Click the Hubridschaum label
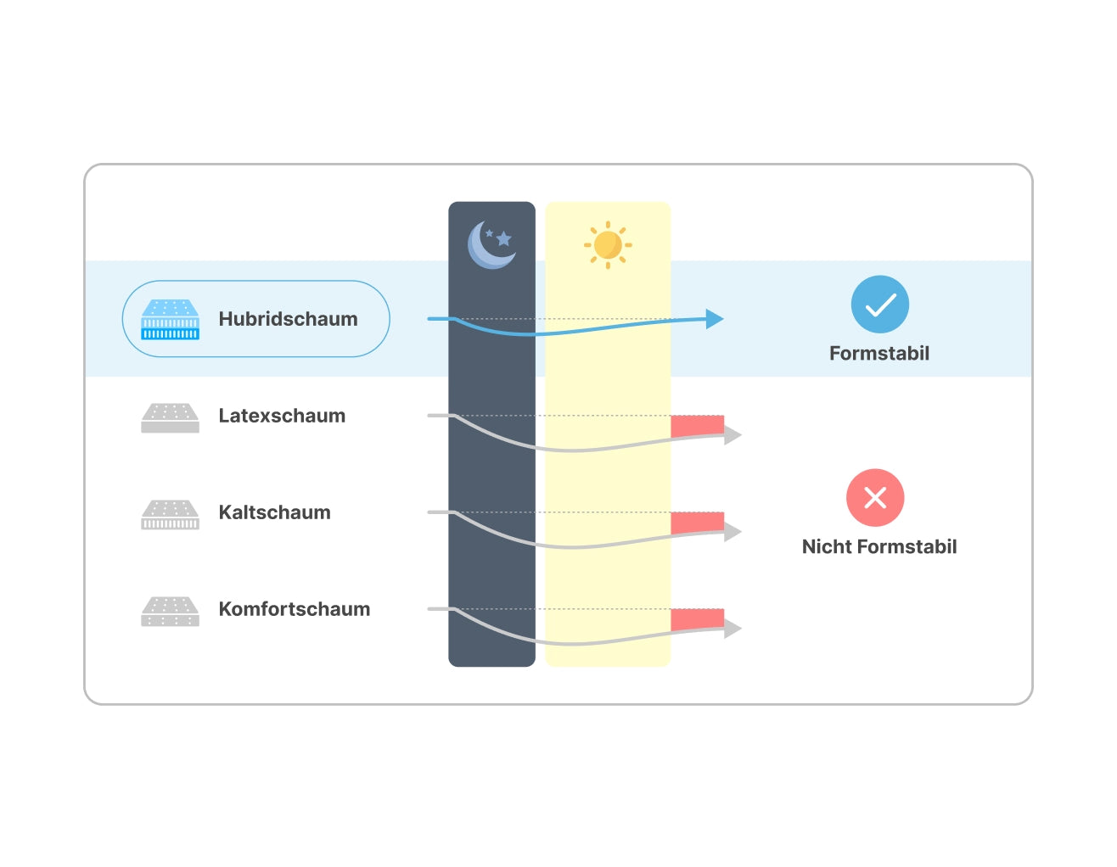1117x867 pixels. pyautogui.click(x=288, y=319)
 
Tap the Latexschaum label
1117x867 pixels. pyautogui.click(x=282, y=416)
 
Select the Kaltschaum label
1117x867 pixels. pyautogui.click(x=274, y=512)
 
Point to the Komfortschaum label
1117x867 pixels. pyautogui.click(x=294, y=609)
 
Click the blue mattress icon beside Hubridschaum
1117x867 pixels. pyautogui.click(x=170, y=320)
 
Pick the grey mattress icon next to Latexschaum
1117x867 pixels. pyautogui.click(x=170, y=417)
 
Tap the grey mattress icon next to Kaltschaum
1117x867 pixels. pyautogui.click(x=170, y=514)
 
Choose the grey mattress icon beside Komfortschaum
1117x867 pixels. pyautogui.click(x=170, y=611)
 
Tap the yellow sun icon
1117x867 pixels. pyautogui.click(x=608, y=244)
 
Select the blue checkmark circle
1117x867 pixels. pyautogui.click(x=879, y=305)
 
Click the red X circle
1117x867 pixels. pyautogui.click(x=874, y=498)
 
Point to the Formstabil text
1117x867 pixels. pyautogui.click(x=878, y=353)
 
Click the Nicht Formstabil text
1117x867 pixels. pyautogui.click(x=878, y=546)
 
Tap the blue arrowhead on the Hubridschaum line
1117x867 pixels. pyautogui.click(x=715, y=319)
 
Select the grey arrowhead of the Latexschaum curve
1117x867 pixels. pyautogui.click(x=733, y=435)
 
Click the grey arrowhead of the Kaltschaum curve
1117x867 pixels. pyautogui.click(x=733, y=532)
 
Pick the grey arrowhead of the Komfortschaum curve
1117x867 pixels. pyautogui.click(x=733, y=629)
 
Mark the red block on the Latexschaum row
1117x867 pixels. pyautogui.click(x=697, y=426)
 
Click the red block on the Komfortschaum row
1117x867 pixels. pyautogui.click(x=697, y=619)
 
